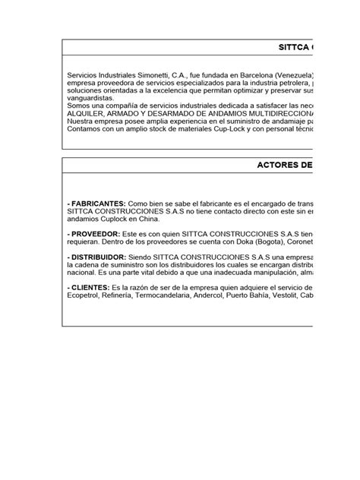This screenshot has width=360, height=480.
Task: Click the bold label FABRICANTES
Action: [x=98, y=205]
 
